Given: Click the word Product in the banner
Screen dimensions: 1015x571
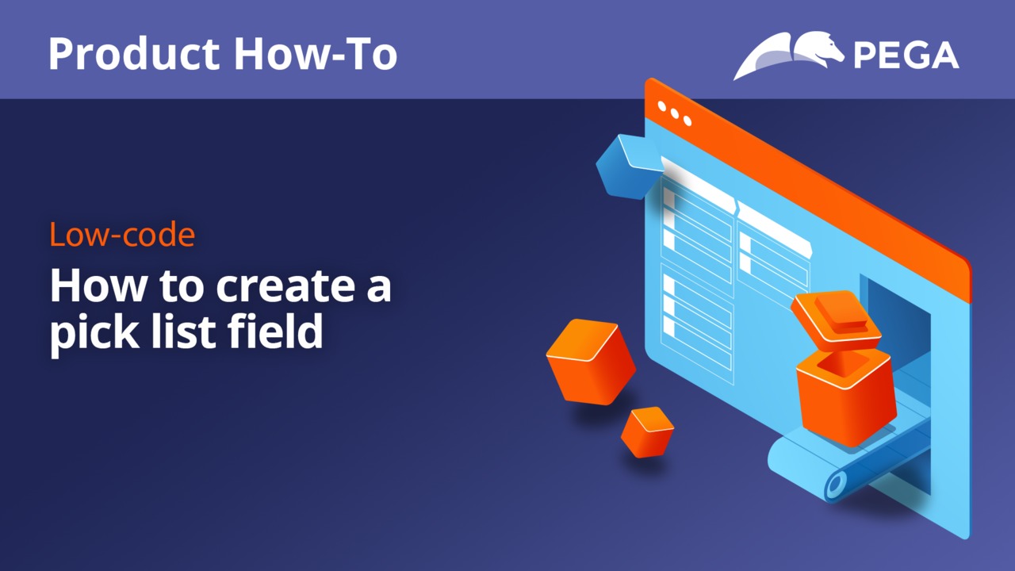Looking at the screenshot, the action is (x=134, y=55).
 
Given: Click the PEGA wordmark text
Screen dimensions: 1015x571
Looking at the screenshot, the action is (x=906, y=56).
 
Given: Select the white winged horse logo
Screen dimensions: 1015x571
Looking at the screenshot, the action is (x=789, y=55).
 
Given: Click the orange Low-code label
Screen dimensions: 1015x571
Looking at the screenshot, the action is (x=122, y=234).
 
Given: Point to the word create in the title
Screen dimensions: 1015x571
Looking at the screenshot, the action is (x=286, y=285).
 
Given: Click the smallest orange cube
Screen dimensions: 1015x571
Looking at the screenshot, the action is (x=647, y=431).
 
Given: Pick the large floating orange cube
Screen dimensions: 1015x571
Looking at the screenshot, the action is (x=591, y=362).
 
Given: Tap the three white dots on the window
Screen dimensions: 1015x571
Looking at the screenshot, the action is (x=675, y=113).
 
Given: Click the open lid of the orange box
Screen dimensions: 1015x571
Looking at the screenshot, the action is (x=836, y=320).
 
